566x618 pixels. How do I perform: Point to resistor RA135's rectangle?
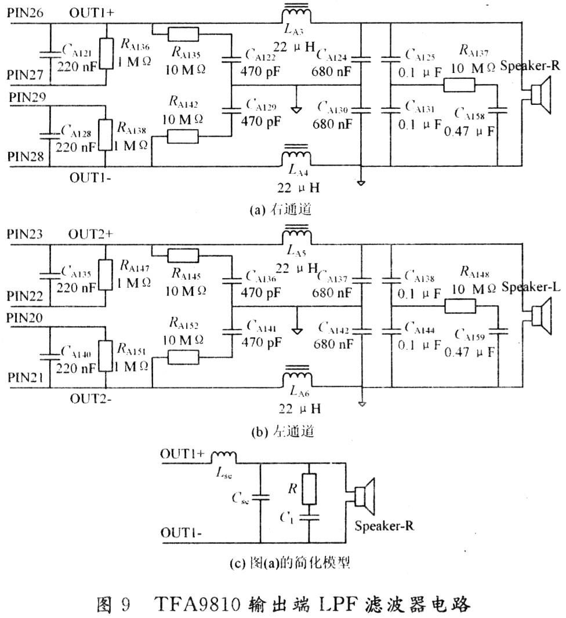pos(184,33)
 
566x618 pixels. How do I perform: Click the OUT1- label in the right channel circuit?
pos(90,178)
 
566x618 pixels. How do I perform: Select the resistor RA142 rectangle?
pos(183,137)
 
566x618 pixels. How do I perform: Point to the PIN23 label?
pos(26,234)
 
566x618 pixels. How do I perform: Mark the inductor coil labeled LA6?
pos(296,379)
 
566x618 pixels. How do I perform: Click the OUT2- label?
pos(90,398)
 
